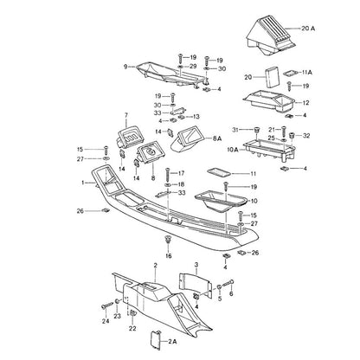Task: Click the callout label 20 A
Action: click(308, 29)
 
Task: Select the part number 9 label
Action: click(125, 67)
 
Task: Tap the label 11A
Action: click(307, 73)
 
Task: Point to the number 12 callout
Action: click(305, 103)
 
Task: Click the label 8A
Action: click(217, 138)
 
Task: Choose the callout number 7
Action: click(126, 115)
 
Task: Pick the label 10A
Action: click(232, 150)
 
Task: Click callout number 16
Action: click(169, 256)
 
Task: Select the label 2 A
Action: click(172, 342)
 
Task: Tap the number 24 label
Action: click(106, 321)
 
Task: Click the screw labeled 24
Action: click(106, 305)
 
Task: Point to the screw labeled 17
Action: click(168, 174)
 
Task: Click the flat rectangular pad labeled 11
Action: click(218, 172)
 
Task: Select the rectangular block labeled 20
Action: click(273, 78)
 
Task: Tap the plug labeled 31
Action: click(256, 131)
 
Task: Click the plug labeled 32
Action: click(292, 136)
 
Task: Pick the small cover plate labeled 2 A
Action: click(156, 340)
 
